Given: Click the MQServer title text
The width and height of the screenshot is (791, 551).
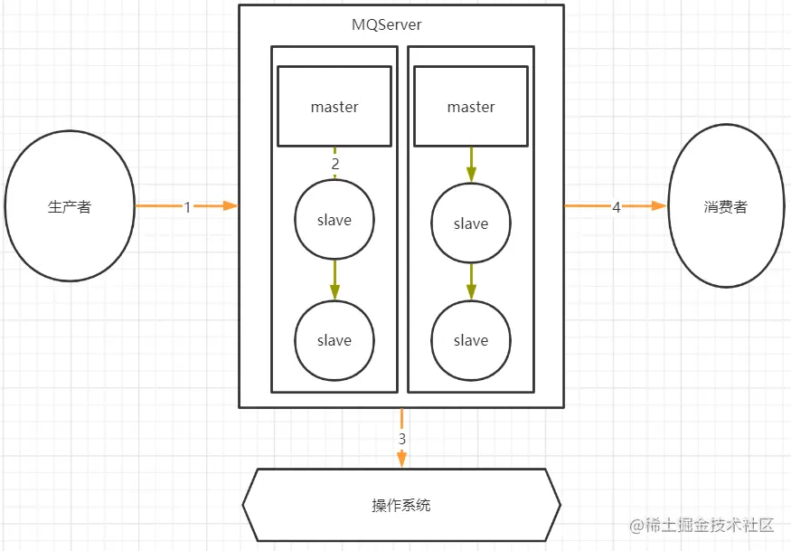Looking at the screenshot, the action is click(386, 24).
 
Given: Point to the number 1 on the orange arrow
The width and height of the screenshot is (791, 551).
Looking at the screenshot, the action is click(187, 207).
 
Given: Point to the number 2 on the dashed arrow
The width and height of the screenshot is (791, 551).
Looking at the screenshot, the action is click(335, 164).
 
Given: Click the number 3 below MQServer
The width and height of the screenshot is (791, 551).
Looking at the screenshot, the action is click(402, 439).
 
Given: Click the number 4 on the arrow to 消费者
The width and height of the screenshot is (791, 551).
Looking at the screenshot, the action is click(616, 207).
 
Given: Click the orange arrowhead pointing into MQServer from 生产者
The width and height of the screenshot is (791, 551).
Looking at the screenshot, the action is click(231, 206).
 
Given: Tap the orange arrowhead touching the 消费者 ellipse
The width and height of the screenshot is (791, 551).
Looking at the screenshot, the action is click(659, 206).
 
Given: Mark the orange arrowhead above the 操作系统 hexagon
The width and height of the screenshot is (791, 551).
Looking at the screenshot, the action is click(402, 461).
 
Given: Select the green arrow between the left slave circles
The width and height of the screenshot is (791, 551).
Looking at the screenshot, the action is click(334, 280).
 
